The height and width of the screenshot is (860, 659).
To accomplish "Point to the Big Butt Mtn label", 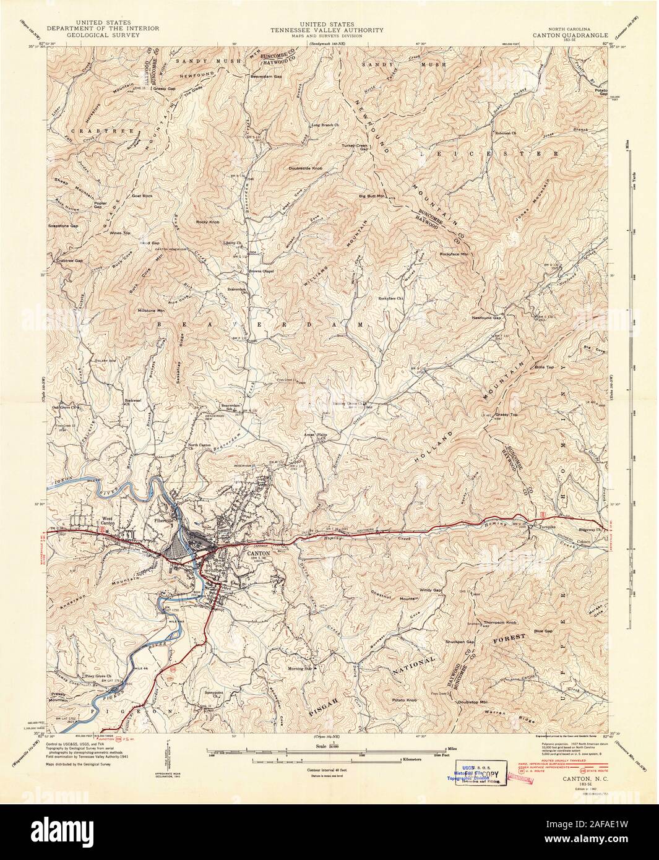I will pyautogui.click(x=372, y=196).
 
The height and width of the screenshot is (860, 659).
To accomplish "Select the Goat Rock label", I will pyautogui.click(x=142, y=195).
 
